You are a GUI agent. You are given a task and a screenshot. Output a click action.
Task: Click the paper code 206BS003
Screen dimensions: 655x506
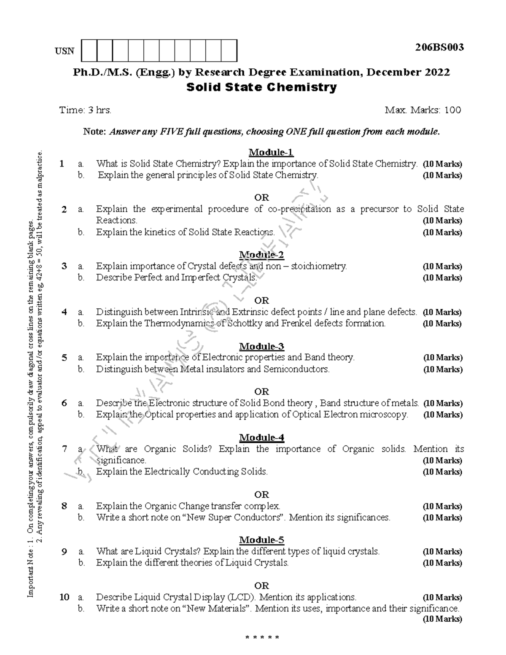pos(439,47)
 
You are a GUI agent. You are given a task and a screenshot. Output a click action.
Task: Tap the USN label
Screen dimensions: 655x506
pos(64,51)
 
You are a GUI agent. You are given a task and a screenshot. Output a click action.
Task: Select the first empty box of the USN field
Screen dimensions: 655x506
pos(89,51)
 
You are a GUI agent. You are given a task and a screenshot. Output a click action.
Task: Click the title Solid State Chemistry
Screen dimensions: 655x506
pos(261,88)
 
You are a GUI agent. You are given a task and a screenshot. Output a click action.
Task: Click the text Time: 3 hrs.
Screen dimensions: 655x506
pos(86,111)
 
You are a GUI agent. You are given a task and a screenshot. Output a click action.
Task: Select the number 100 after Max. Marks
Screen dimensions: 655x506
pos(452,111)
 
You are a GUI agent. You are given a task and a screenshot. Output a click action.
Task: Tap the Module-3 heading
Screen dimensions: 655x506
pos(261,346)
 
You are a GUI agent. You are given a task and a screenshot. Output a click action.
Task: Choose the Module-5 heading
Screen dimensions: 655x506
pos(261,540)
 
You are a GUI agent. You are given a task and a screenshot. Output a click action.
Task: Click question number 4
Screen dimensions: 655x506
pos(64,312)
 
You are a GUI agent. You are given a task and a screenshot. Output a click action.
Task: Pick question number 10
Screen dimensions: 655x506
pos(64,597)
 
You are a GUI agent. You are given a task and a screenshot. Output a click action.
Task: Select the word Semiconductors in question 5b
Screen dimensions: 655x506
pos(296,369)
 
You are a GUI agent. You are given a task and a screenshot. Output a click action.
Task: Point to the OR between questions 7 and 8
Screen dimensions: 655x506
pos(261,494)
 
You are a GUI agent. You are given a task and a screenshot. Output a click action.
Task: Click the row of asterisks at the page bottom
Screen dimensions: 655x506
pos(261,637)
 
